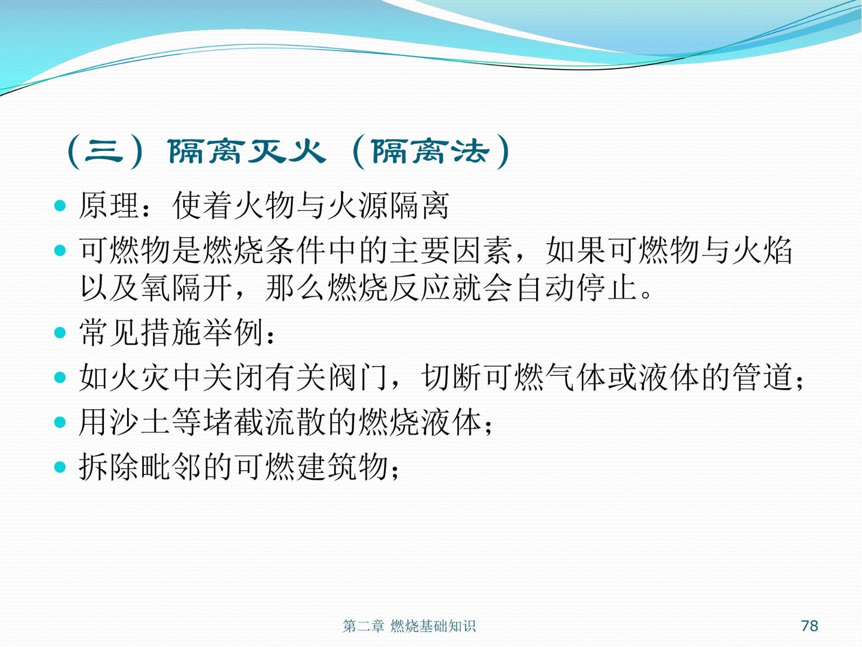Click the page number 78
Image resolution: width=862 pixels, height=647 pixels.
click(809, 625)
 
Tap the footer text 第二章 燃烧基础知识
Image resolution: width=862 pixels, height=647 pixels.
click(409, 626)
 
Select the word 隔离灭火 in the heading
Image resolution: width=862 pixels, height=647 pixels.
click(247, 152)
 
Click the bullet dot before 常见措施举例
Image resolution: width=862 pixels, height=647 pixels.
click(60, 333)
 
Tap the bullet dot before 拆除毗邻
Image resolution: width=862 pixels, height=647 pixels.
click(60, 467)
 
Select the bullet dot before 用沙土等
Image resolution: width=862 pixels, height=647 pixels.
click(60, 422)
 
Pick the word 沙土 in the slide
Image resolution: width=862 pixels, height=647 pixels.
click(140, 422)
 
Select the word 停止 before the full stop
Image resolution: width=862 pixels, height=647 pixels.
click(607, 288)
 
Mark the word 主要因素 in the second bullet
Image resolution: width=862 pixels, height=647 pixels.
click(451, 250)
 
